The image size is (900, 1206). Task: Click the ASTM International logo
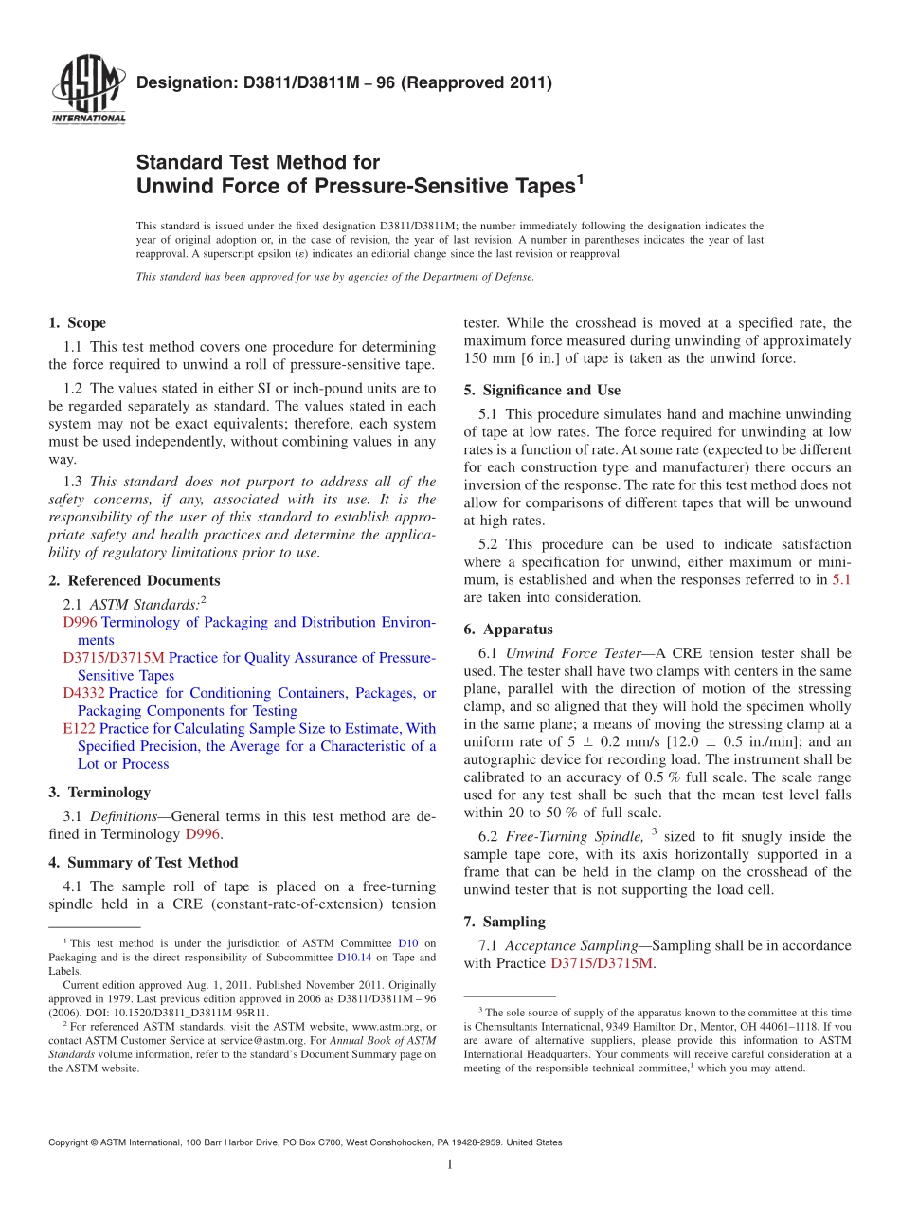click(87, 91)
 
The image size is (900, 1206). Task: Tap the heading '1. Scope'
click(77, 323)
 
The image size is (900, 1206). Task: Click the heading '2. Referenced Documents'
click(134, 580)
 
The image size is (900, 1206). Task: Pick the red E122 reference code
click(79, 728)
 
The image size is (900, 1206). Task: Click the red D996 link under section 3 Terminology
click(204, 834)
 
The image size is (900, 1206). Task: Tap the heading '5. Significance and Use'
click(542, 390)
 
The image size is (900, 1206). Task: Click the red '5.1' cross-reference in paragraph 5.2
click(840, 579)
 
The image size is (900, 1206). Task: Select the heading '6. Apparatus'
click(508, 629)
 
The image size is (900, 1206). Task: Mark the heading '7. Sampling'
click(504, 922)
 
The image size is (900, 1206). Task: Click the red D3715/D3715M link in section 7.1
click(602, 963)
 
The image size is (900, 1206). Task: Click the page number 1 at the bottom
click(450, 1164)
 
